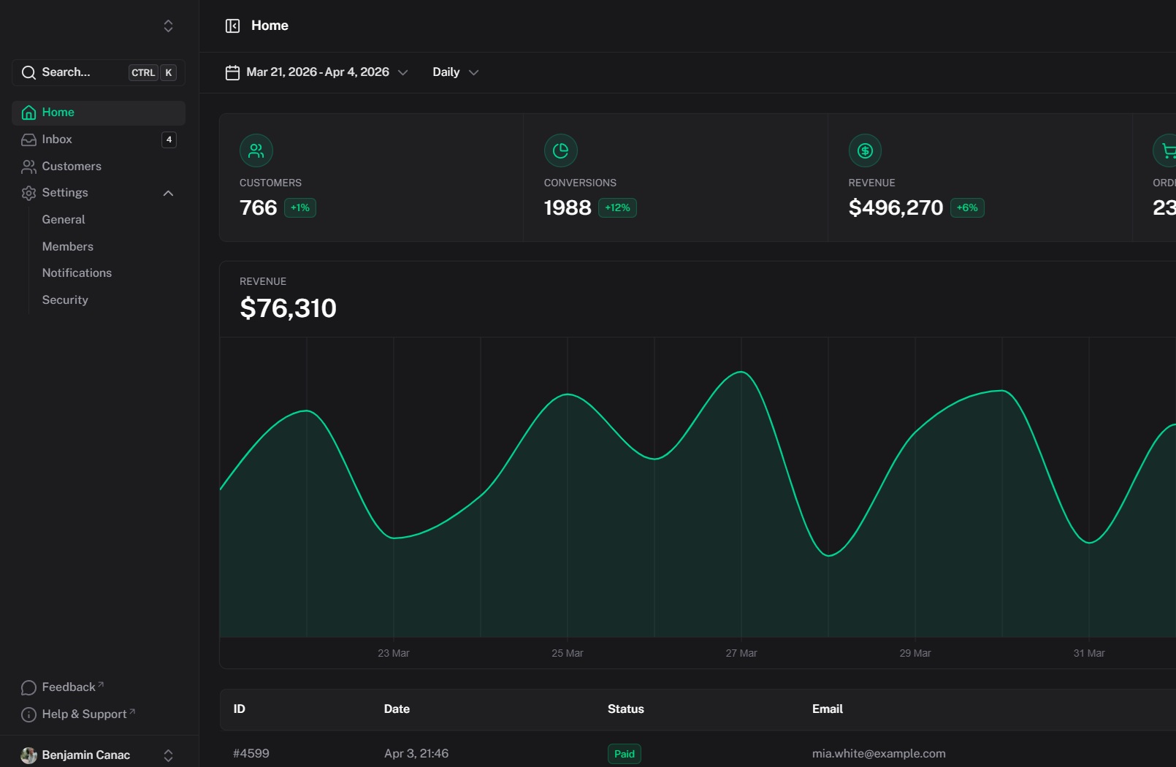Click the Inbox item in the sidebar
[x=57, y=140]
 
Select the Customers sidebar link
[x=72, y=167]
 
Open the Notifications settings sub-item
[x=77, y=273]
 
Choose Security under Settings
[x=65, y=300]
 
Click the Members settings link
[x=68, y=247]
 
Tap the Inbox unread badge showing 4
[x=169, y=140]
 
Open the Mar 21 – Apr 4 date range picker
[x=317, y=72]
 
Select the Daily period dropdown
[x=455, y=72]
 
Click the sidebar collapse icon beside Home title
[x=232, y=26]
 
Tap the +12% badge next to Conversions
[x=617, y=208]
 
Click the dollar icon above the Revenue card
[x=865, y=151]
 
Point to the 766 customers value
[x=259, y=208]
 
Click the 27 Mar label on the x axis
[x=741, y=653]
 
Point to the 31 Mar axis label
[x=1088, y=653]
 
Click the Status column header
[x=625, y=709]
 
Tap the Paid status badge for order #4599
[x=624, y=754]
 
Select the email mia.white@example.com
[x=878, y=754]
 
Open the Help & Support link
[x=84, y=714]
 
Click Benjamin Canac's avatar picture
[x=28, y=755]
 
